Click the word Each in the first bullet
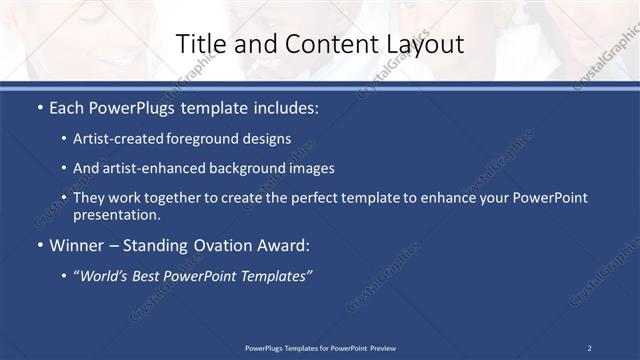coord(67,105)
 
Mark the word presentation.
coord(116,214)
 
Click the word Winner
coord(76,244)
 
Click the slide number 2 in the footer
coord(589,348)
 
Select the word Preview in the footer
coord(381,348)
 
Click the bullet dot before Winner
coord(39,244)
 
